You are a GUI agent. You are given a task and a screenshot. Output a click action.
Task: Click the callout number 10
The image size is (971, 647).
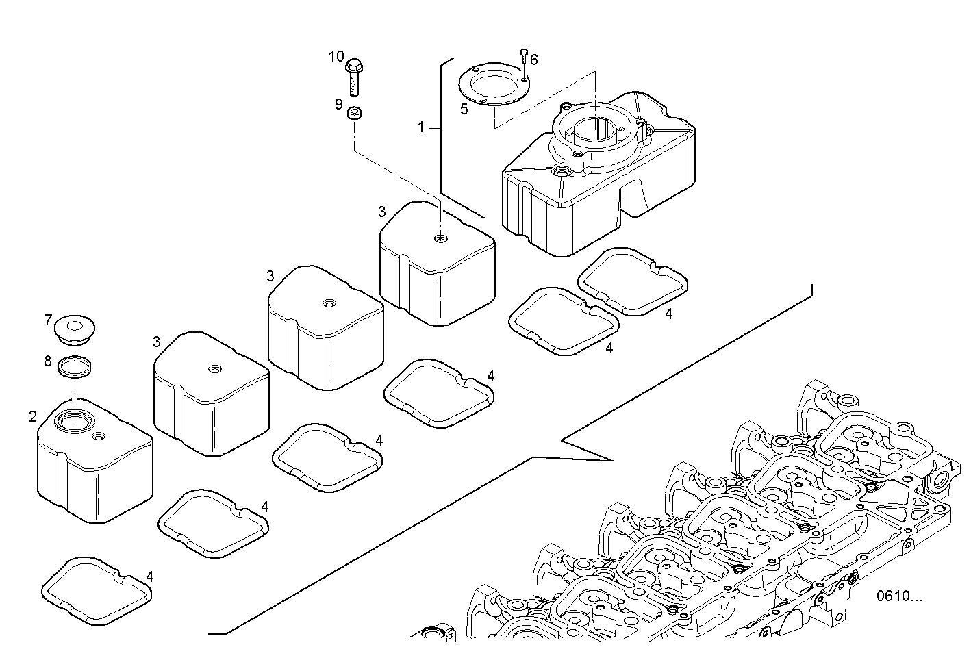pos(336,57)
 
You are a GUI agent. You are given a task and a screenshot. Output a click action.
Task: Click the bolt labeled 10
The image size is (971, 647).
pos(354,76)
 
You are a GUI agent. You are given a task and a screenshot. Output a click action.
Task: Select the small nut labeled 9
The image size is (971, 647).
pos(355,114)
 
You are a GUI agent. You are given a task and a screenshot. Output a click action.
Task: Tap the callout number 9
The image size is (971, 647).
pos(338,105)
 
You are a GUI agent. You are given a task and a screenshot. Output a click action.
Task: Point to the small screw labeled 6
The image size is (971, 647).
pos(524,56)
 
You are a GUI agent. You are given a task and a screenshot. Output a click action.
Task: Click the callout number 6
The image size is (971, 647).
pos(534,60)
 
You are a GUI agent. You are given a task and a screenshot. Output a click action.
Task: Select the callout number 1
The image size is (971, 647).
pos(422,127)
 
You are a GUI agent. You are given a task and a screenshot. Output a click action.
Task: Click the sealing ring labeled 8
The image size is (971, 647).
pos(74,367)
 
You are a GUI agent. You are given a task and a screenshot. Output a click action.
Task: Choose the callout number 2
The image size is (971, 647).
pos(33,416)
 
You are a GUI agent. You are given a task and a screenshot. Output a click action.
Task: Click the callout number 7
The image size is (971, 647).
pos(48,320)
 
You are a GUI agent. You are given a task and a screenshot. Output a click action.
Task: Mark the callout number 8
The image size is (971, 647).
pos(48,361)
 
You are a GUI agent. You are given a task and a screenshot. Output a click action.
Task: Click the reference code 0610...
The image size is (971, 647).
pos(900,596)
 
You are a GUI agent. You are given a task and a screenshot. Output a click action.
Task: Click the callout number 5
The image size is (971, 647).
pos(464,109)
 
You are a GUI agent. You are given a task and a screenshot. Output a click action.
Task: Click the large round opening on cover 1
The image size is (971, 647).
pos(596,131)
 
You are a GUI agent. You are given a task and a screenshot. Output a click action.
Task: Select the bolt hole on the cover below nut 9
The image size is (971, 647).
pos(439,239)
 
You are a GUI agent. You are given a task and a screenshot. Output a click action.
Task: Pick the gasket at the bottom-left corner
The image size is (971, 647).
pos(97,591)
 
